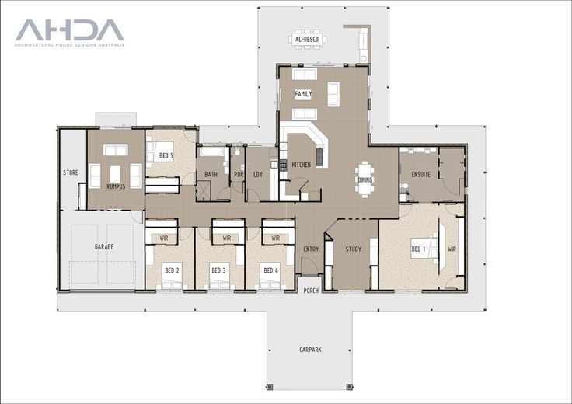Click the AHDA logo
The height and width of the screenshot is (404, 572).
[x=70, y=33]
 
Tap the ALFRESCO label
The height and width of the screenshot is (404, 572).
[x=307, y=40]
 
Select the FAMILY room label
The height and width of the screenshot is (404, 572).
[x=303, y=94]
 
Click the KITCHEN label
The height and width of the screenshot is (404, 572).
[x=302, y=165]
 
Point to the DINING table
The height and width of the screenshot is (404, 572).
[x=364, y=179]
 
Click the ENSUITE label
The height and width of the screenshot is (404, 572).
[x=421, y=175]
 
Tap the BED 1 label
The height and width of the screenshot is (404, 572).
[x=418, y=249]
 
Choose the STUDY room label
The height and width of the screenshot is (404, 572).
[x=354, y=249]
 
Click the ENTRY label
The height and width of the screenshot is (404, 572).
[x=311, y=249]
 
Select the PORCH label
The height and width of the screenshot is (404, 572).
[x=311, y=291]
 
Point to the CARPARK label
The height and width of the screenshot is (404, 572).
[x=310, y=350]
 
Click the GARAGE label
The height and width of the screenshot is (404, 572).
[x=104, y=247]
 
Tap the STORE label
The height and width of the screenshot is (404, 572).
[x=71, y=172]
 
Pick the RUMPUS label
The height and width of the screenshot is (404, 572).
[x=116, y=186]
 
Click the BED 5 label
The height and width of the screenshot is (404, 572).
[x=166, y=156]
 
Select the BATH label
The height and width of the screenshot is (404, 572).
[x=211, y=175]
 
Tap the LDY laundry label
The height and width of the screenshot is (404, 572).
[x=258, y=175]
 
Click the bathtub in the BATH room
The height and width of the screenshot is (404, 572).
[x=211, y=151]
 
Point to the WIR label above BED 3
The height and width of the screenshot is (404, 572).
[x=227, y=239]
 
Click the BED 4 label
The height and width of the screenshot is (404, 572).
[x=270, y=270]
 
